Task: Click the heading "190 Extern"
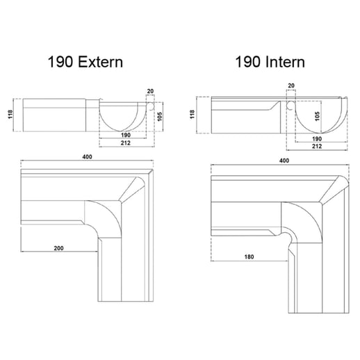coord(85,62)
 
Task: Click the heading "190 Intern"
coord(269,62)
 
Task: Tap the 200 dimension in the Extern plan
coord(58,247)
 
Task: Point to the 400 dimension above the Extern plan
coord(88,157)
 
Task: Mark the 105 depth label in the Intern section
coord(318,117)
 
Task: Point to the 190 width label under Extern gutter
coord(125,135)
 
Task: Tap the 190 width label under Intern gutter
coord(316,138)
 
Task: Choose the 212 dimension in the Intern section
coord(316,147)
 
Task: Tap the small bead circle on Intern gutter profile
coord(291,105)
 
